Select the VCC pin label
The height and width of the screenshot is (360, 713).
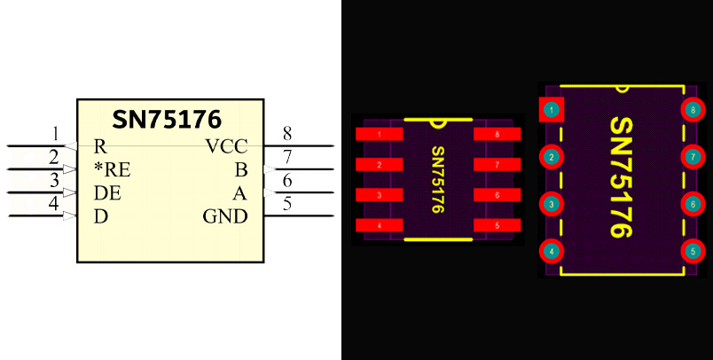(226, 147)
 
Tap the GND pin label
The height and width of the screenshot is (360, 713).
(224, 216)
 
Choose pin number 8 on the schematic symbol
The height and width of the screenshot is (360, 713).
(287, 134)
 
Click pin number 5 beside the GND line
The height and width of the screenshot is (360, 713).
(287, 204)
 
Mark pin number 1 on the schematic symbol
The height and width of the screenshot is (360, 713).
(56, 134)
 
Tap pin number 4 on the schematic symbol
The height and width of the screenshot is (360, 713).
(56, 204)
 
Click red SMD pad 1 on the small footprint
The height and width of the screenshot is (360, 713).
(379, 135)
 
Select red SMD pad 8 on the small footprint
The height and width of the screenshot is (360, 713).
(498, 135)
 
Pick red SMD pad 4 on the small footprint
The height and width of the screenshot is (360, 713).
(379, 225)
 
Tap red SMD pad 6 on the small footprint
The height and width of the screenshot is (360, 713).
(498, 195)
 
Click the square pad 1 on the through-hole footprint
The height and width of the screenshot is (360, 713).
(552, 110)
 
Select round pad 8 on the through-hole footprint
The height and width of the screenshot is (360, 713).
(693, 110)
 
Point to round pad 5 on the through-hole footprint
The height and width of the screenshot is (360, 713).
(693, 251)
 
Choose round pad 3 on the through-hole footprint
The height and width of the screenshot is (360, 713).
(552, 204)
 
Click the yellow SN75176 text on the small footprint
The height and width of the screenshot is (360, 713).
(438, 180)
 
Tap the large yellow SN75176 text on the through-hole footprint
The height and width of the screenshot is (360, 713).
(623, 177)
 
